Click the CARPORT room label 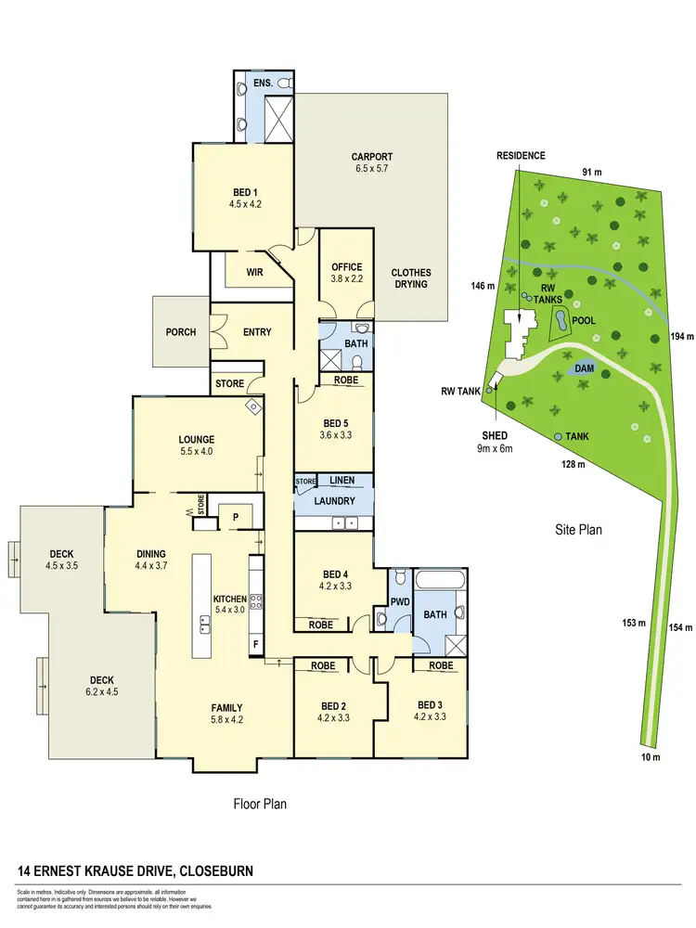[372, 157]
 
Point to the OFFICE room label [346, 267]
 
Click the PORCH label [181, 331]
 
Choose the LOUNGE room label [197, 439]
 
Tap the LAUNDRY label [335, 501]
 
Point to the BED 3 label [432, 703]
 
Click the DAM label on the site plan [583, 368]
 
